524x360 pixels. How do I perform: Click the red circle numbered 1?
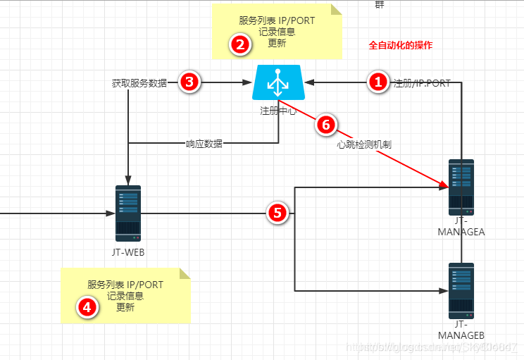pyautogui.click(x=378, y=82)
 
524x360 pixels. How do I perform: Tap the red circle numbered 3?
pyautogui.click(x=189, y=82)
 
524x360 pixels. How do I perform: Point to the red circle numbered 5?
pyautogui.click(x=278, y=213)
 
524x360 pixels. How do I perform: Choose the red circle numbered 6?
pyautogui.click(x=325, y=124)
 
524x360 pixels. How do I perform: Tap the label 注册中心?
pyautogui.click(x=277, y=111)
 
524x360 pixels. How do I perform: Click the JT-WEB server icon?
pyautogui.click(x=128, y=213)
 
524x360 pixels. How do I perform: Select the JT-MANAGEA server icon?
pyautogui.click(x=461, y=188)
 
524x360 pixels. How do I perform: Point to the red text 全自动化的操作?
pyautogui.click(x=401, y=45)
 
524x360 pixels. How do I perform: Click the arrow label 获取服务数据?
pyautogui.click(x=139, y=82)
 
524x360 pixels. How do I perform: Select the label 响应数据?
pyautogui.click(x=204, y=144)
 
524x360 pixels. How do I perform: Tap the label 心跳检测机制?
pyautogui.click(x=363, y=144)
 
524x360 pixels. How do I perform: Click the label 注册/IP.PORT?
pyautogui.click(x=421, y=82)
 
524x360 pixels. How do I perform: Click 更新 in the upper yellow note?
pyautogui.click(x=277, y=43)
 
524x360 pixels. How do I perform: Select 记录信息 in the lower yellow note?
pyautogui.click(x=125, y=296)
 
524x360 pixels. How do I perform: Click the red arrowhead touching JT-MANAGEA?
pyautogui.click(x=444, y=186)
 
